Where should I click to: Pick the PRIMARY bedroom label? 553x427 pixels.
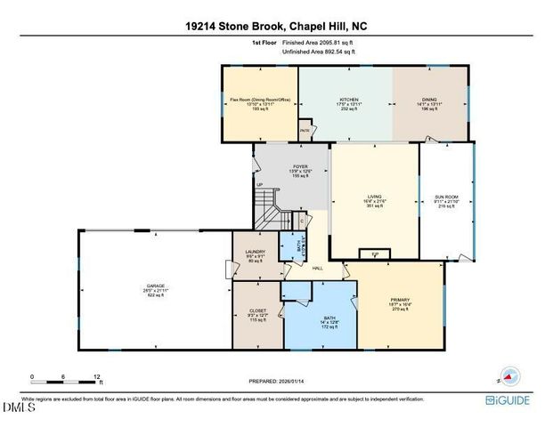[399, 300]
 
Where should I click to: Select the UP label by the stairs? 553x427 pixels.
[260, 185]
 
